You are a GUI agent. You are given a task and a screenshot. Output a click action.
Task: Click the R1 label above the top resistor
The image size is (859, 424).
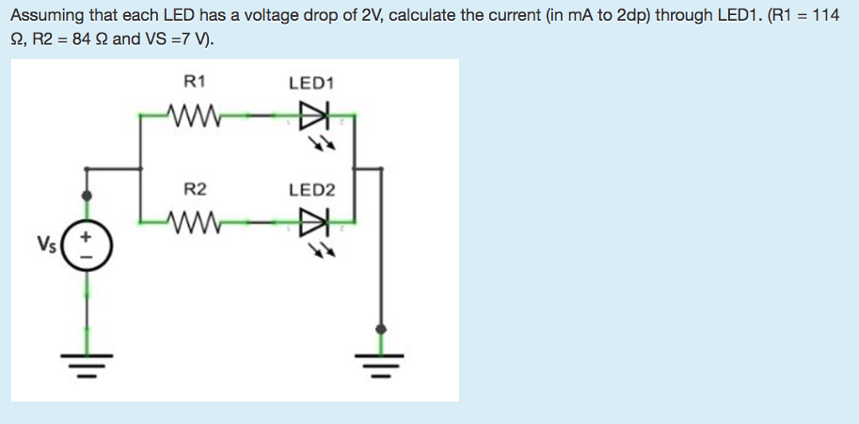(x=195, y=81)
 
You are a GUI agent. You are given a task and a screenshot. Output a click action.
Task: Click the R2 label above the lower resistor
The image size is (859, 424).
(x=195, y=190)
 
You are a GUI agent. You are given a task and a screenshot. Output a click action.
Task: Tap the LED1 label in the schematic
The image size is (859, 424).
(x=311, y=83)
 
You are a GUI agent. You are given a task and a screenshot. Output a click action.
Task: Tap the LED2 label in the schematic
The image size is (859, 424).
(x=311, y=191)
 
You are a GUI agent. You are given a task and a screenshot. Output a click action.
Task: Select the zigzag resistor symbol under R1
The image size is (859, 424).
(x=195, y=114)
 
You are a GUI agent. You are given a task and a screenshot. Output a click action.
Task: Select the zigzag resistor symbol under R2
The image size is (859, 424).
(x=195, y=222)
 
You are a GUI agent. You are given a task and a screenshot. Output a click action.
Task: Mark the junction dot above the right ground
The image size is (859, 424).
(x=382, y=328)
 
